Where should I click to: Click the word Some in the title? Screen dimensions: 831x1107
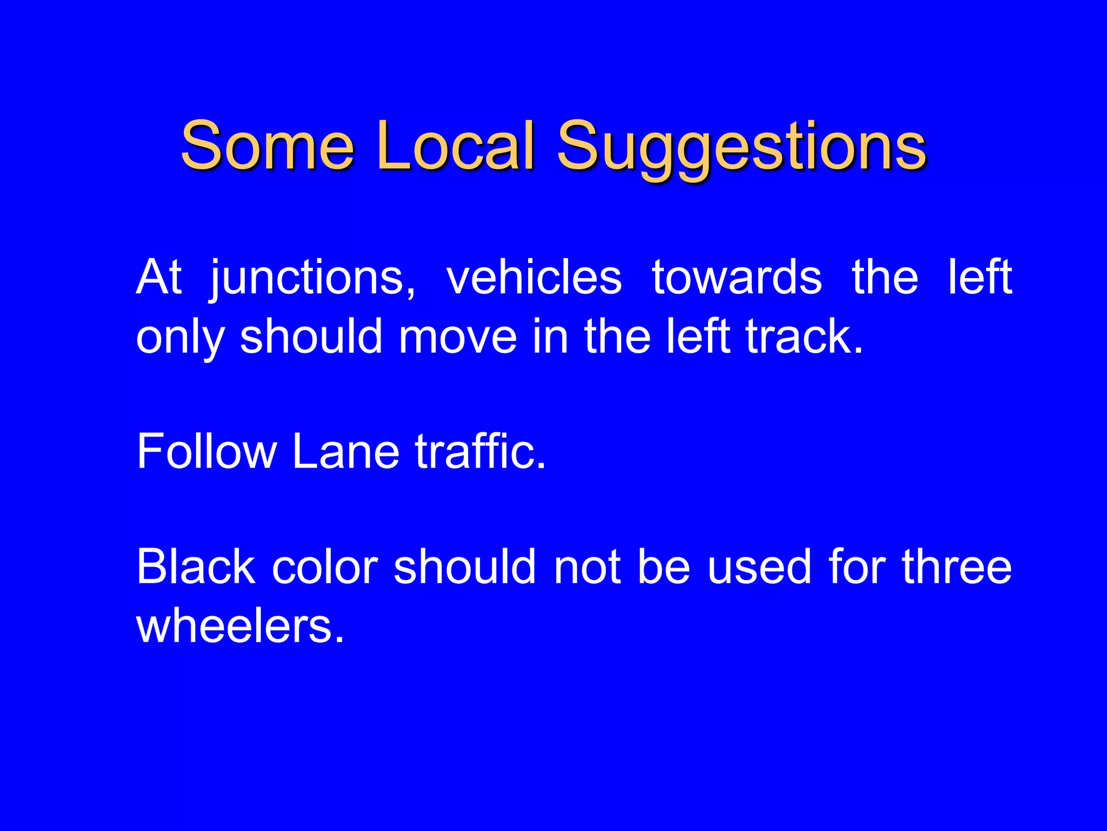(267, 146)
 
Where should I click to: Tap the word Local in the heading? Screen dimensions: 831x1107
(455, 146)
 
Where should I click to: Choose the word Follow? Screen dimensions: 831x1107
(206, 451)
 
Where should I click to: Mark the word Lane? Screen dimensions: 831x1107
(346, 451)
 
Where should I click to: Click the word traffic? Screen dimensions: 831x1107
(479, 451)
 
